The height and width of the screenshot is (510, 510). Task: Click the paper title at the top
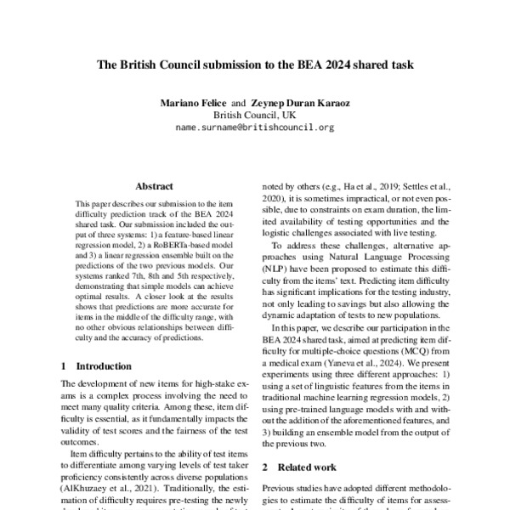click(255, 64)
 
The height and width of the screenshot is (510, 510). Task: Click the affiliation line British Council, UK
click(255, 114)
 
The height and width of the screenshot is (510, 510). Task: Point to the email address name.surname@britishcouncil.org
click(255, 127)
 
